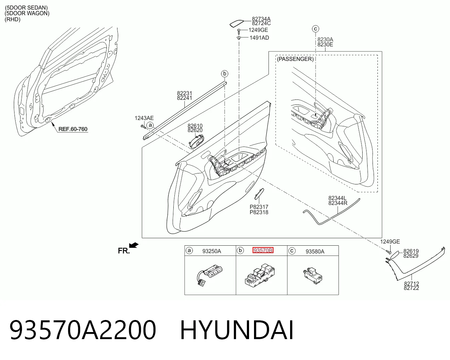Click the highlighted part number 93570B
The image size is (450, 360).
pos(263,250)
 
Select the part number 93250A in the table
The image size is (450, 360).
pos(212,251)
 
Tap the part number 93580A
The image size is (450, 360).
pos(315,251)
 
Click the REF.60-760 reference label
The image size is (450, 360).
pos(73,129)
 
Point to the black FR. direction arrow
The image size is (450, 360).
pos(134,245)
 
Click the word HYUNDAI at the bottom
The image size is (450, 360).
pos(237,330)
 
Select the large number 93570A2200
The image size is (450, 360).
pos(83,330)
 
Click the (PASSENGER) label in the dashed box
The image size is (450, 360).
pos(295,59)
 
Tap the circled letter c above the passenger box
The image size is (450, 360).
pos(316,29)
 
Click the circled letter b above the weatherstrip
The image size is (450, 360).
pos(225,74)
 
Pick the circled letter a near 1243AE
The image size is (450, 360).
pos(150,125)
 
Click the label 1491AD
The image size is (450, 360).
pos(259,38)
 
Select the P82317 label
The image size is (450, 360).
pos(259,207)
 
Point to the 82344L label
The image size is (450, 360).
pos(337,198)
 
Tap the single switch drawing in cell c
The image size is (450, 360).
pos(313,275)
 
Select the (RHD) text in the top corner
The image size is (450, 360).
pos(12,19)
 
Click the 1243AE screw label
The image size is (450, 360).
pos(144,118)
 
